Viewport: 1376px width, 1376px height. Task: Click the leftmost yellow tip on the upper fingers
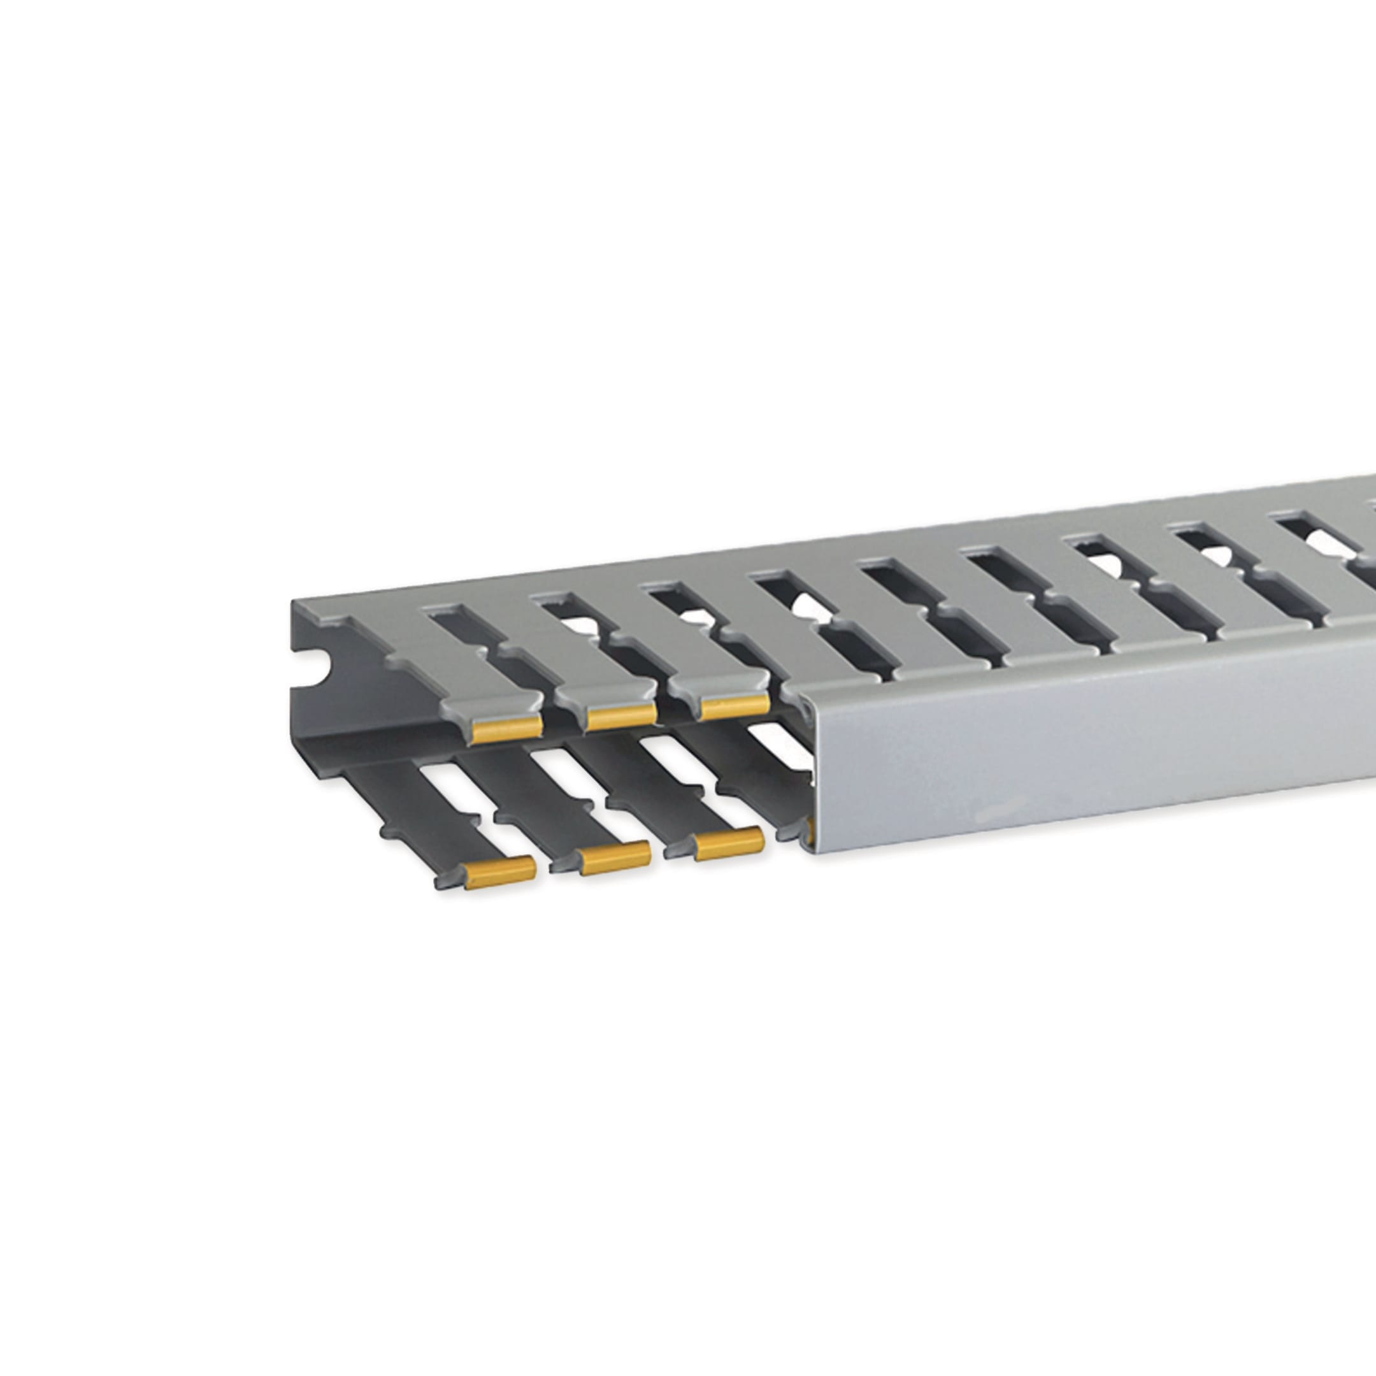pyautogui.click(x=507, y=729)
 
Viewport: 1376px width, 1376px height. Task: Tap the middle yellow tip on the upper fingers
pyautogui.click(x=622, y=716)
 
